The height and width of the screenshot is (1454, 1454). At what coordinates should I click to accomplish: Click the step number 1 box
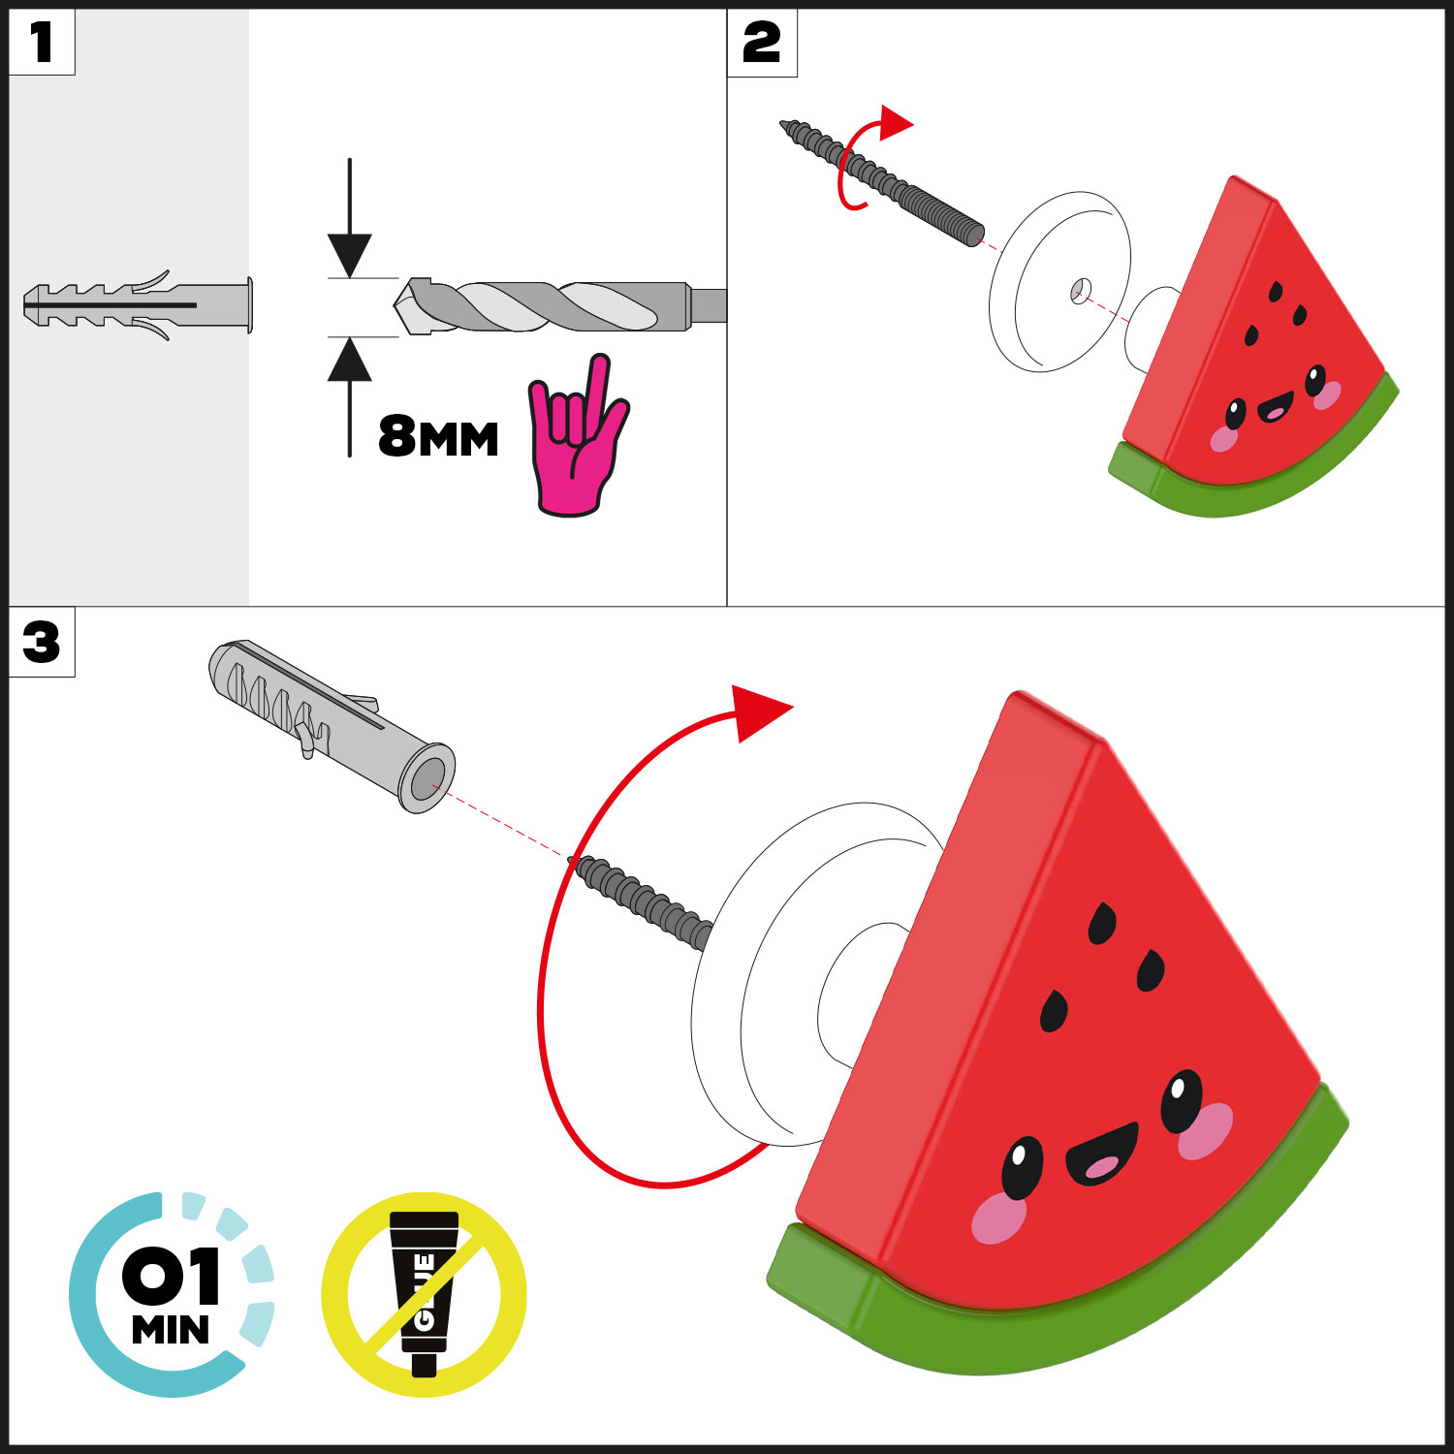pyautogui.click(x=42, y=43)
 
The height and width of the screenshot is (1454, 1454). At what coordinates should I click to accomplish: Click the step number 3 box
pyautogui.click(x=42, y=642)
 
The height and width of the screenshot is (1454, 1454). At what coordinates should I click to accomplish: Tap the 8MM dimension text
pyautogui.click(x=438, y=437)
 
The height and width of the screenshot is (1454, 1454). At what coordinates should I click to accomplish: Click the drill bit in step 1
pyautogui.click(x=560, y=305)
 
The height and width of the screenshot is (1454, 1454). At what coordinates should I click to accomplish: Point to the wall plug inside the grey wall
pyautogui.click(x=138, y=305)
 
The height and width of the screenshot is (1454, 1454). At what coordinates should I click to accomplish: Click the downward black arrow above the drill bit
pyautogui.click(x=350, y=218)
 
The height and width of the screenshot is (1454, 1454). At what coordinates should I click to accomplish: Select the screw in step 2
pyautogui.click(x=882, y=181)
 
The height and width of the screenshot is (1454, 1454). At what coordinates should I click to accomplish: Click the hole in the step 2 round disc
pyautogui.click(x=1081, y=289)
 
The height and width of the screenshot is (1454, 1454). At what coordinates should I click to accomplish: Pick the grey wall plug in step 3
pyautogui.click(x=332, y=725)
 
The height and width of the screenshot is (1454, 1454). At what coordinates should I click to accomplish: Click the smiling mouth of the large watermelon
pyautogui.click(x=1102, y=1154)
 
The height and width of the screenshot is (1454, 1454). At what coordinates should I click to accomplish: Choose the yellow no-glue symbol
pyautogui.click(x=424, y=1294)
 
